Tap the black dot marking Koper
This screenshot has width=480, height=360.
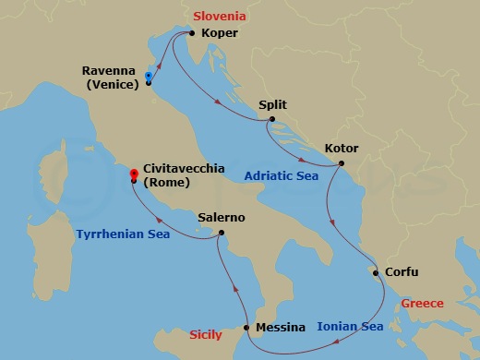click(190, 33)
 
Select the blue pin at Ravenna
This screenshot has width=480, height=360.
click(149, 78)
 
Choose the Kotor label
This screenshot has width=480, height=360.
click(342, 148)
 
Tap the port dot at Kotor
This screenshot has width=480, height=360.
click(341, 164)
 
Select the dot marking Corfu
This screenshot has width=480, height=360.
click(373, 272)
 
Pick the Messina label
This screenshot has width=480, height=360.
click(282, 328)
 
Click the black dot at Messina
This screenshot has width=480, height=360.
click(246, 328)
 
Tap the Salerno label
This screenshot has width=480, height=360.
click(222, 218)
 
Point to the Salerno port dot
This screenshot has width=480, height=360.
click(222, 234)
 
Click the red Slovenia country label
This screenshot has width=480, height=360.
click(219, 16)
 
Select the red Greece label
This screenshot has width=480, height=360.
click(423, 303)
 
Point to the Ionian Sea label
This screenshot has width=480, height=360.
click(349, 326)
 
